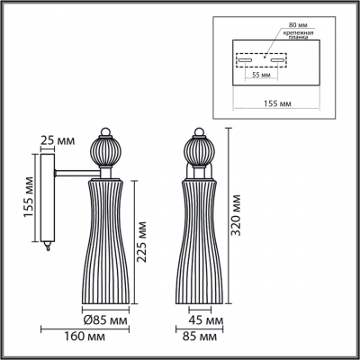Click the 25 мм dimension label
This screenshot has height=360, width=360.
coord(58,140)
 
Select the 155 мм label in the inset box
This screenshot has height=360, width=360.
coord(281,104)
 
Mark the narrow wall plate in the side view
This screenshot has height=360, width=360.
coord(46,202)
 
